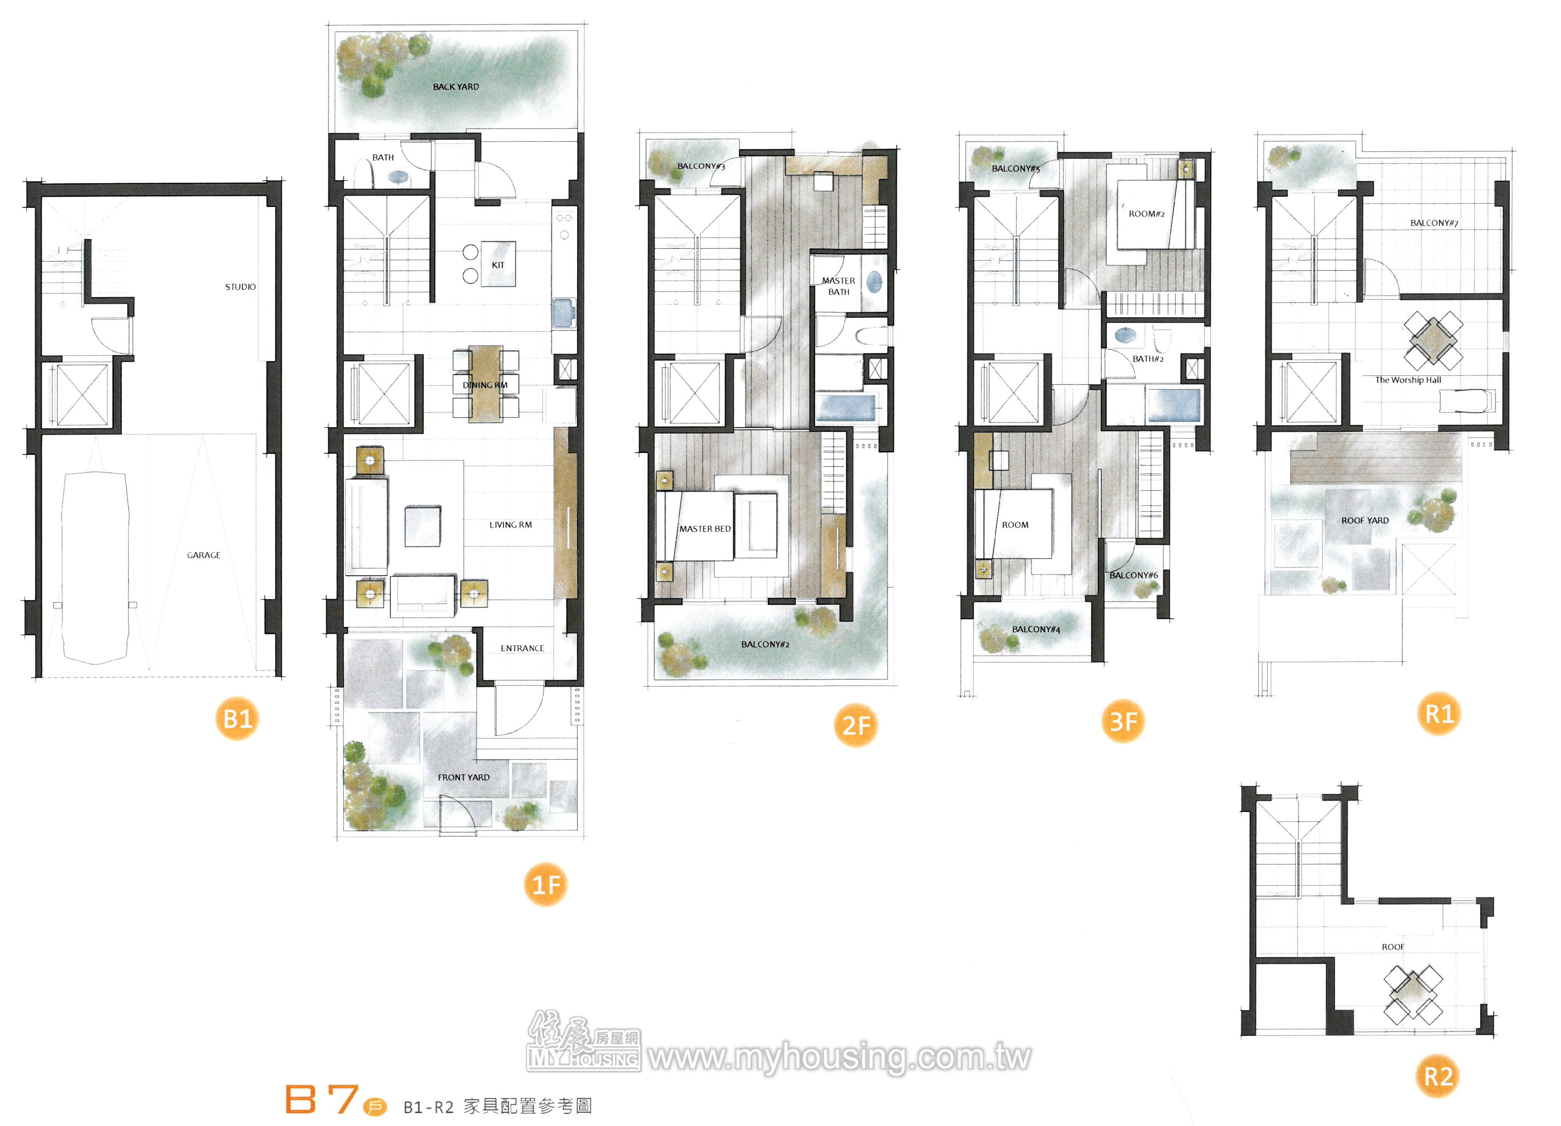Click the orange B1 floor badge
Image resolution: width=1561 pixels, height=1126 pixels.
coord(237,719)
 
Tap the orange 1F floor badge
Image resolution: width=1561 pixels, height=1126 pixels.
coord(546,884)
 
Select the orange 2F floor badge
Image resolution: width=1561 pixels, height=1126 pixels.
coord(855,725)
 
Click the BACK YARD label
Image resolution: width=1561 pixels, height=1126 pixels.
coord(456,87)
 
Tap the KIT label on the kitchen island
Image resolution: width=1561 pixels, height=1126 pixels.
coord(498,265)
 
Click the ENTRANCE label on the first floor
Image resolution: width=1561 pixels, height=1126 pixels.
coord(522,648)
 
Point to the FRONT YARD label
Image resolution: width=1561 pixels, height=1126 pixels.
coord(463,777)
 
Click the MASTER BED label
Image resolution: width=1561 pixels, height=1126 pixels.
coord(705,529)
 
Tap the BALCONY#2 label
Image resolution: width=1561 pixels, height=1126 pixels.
coord(765,644)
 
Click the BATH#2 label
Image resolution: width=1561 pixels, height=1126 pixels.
coord(1148,359)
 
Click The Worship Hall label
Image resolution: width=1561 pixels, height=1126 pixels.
coord(1407,380)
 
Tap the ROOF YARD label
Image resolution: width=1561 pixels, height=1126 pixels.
coord(1365,520)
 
